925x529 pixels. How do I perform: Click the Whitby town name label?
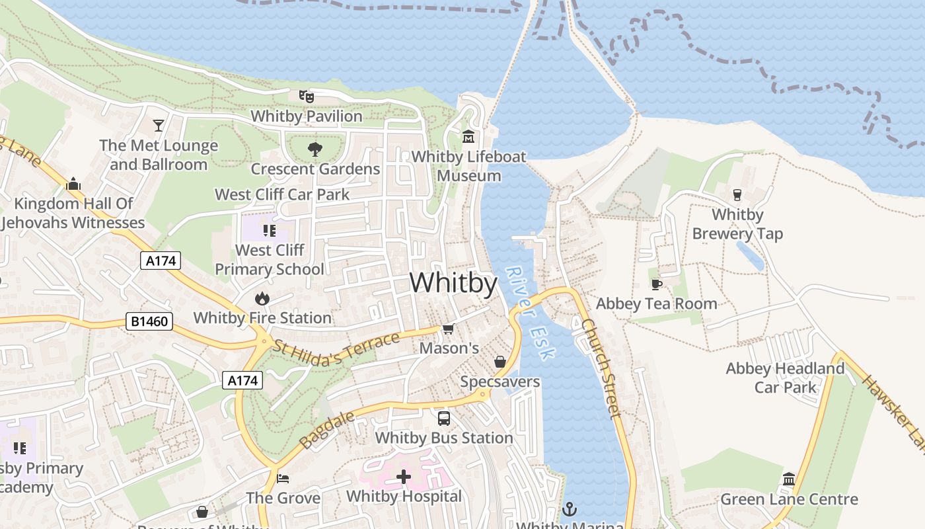[x=453, y=283]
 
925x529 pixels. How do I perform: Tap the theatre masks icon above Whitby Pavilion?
[x=306, y=97]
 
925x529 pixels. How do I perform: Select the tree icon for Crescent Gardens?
[x=315, y=149]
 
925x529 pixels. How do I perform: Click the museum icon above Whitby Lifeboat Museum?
[x=469, y=137]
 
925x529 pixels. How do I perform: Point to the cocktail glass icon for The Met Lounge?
[x=159, y=125]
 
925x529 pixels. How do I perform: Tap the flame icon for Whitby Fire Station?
[x=262, y=298]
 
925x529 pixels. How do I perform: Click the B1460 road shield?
[x=149, y=322]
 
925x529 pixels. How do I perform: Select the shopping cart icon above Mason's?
[x=449, y=329]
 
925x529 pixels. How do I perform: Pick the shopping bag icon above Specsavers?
[x=500, y=362]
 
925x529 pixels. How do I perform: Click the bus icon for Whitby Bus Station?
[x=444, y=418]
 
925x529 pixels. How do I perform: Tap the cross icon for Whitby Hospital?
[x=404, y=476]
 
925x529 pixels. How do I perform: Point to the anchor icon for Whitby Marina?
[x=569, y=509]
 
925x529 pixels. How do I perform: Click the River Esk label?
[x=530, y=313]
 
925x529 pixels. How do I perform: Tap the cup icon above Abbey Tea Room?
[x=656, y=284]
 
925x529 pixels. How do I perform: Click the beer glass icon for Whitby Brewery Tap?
[x=737, y=194]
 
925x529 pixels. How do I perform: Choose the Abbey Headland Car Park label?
[x=785, y=378]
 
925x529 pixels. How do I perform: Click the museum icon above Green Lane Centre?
[x=789, y=479]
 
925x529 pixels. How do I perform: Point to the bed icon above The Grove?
[x=283, y=478]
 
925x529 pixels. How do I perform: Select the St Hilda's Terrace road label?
[x=337, y=350]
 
